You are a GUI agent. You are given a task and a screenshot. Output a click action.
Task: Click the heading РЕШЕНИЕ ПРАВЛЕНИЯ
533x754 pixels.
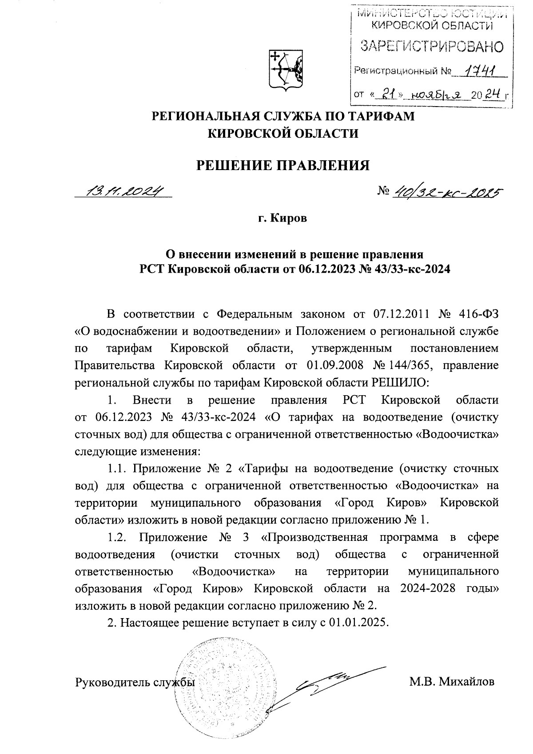[283, 165]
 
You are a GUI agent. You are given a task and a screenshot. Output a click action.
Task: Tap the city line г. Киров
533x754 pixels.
[283, 218]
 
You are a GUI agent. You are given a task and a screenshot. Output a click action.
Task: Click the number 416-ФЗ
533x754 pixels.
[478, 315]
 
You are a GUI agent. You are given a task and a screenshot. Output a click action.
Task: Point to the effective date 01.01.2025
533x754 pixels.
[359, 622]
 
